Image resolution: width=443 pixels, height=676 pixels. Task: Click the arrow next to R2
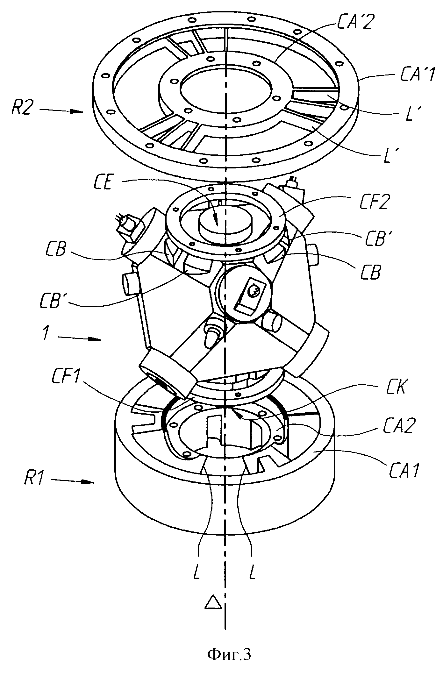(62, 111)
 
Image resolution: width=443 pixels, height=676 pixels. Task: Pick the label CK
(393, 388)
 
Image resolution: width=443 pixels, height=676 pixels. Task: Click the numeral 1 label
(46, 335)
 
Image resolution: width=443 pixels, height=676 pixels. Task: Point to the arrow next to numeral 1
(80, 338)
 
